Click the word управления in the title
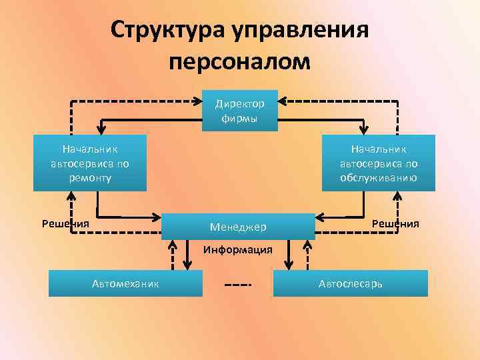point(299,30)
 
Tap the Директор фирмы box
point(239,110)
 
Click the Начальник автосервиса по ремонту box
point(90,163)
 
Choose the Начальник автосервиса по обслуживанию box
point(378,163)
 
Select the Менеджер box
point(238,227)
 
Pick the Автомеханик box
point(125,283)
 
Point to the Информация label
point(238,251)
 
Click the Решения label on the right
point(395,223)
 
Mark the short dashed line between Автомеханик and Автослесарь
point(238,285)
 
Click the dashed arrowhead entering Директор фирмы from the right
point(283,101)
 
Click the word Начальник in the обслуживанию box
point(378,149)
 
